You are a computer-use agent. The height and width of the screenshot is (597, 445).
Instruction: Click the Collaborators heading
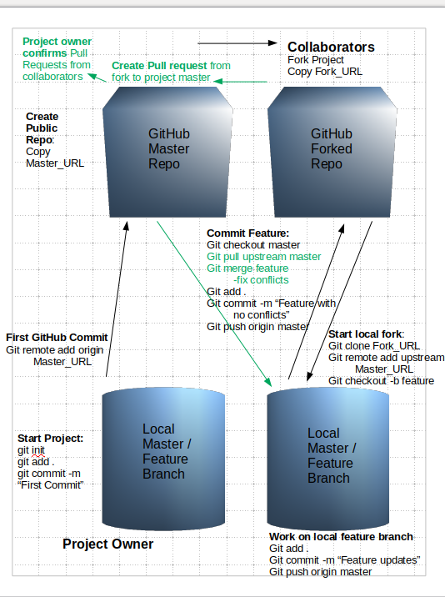(331, 47)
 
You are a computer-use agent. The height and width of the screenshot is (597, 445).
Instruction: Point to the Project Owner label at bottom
(108, 544)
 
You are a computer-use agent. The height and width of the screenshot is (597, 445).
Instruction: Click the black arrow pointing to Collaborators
(238, 43)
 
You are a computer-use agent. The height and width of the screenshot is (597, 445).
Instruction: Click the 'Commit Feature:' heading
(247, 233)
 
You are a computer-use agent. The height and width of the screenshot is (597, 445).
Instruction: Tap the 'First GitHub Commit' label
(57, 337)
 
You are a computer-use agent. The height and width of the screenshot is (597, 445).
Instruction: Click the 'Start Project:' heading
(50, 439)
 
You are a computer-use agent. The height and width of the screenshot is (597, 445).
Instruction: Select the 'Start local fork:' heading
(366, 334)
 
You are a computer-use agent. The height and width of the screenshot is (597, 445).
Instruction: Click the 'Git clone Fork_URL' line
(374, 346)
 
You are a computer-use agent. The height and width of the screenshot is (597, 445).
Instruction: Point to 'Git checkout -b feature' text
(382, 380)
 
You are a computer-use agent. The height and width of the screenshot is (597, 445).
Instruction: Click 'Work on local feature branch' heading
(341, 537)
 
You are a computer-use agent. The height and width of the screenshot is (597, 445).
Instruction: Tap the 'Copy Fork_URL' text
(325, 72)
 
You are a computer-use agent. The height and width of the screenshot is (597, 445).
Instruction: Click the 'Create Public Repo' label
(43, 129)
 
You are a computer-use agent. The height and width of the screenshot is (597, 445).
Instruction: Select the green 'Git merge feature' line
(247, 268)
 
